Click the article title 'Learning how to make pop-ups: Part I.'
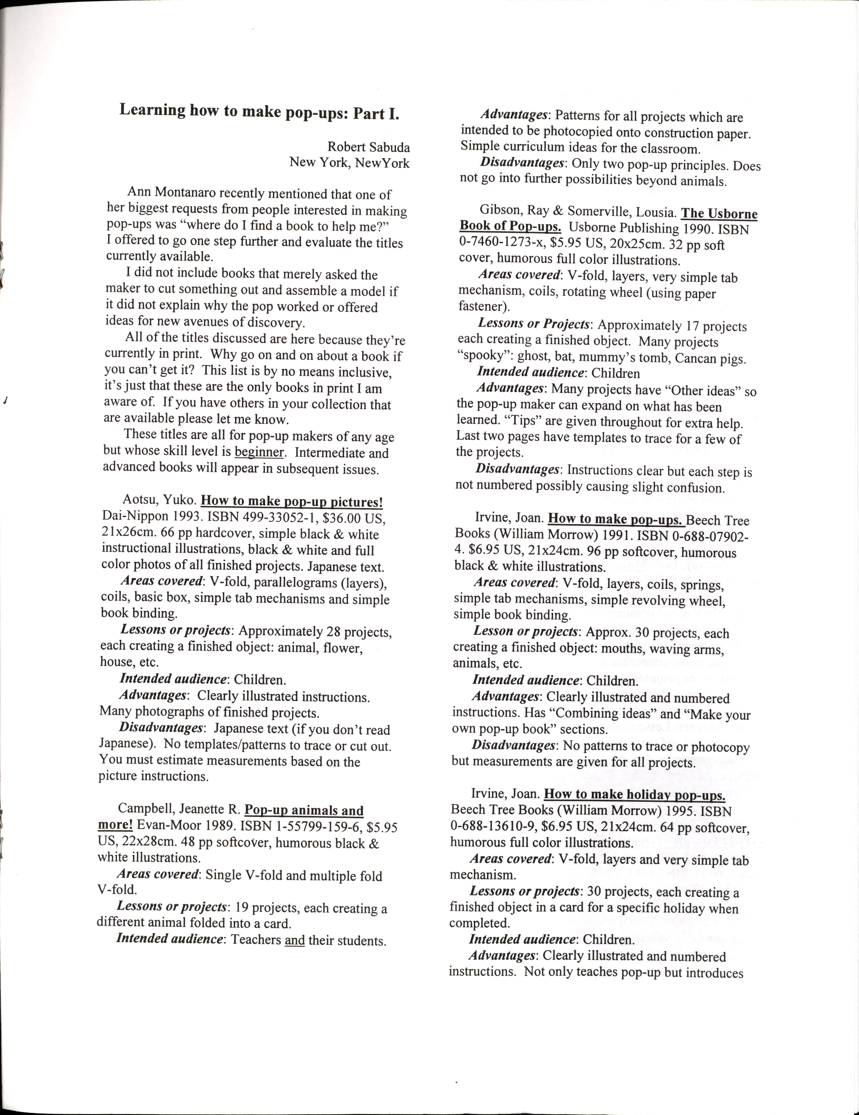pos(259,112)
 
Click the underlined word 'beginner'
pos(259,453)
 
